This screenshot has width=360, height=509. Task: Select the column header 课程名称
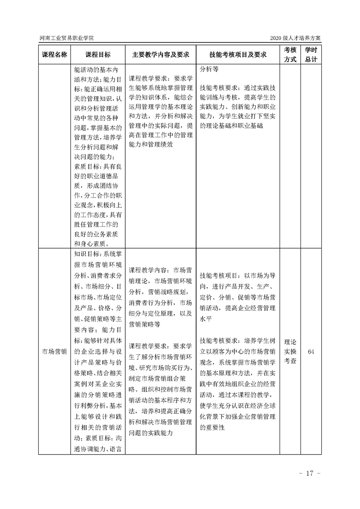tap(54, 54)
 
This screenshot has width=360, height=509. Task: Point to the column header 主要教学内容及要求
tap(160, 54)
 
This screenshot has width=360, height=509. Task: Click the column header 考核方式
tap(290, 54)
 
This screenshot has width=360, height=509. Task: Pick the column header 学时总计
tap(311, 54)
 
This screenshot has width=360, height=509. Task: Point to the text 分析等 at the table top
tap(209, 70)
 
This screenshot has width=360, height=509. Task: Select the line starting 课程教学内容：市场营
tap(160, 269)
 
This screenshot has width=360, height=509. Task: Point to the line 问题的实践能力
tap(151, 433)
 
